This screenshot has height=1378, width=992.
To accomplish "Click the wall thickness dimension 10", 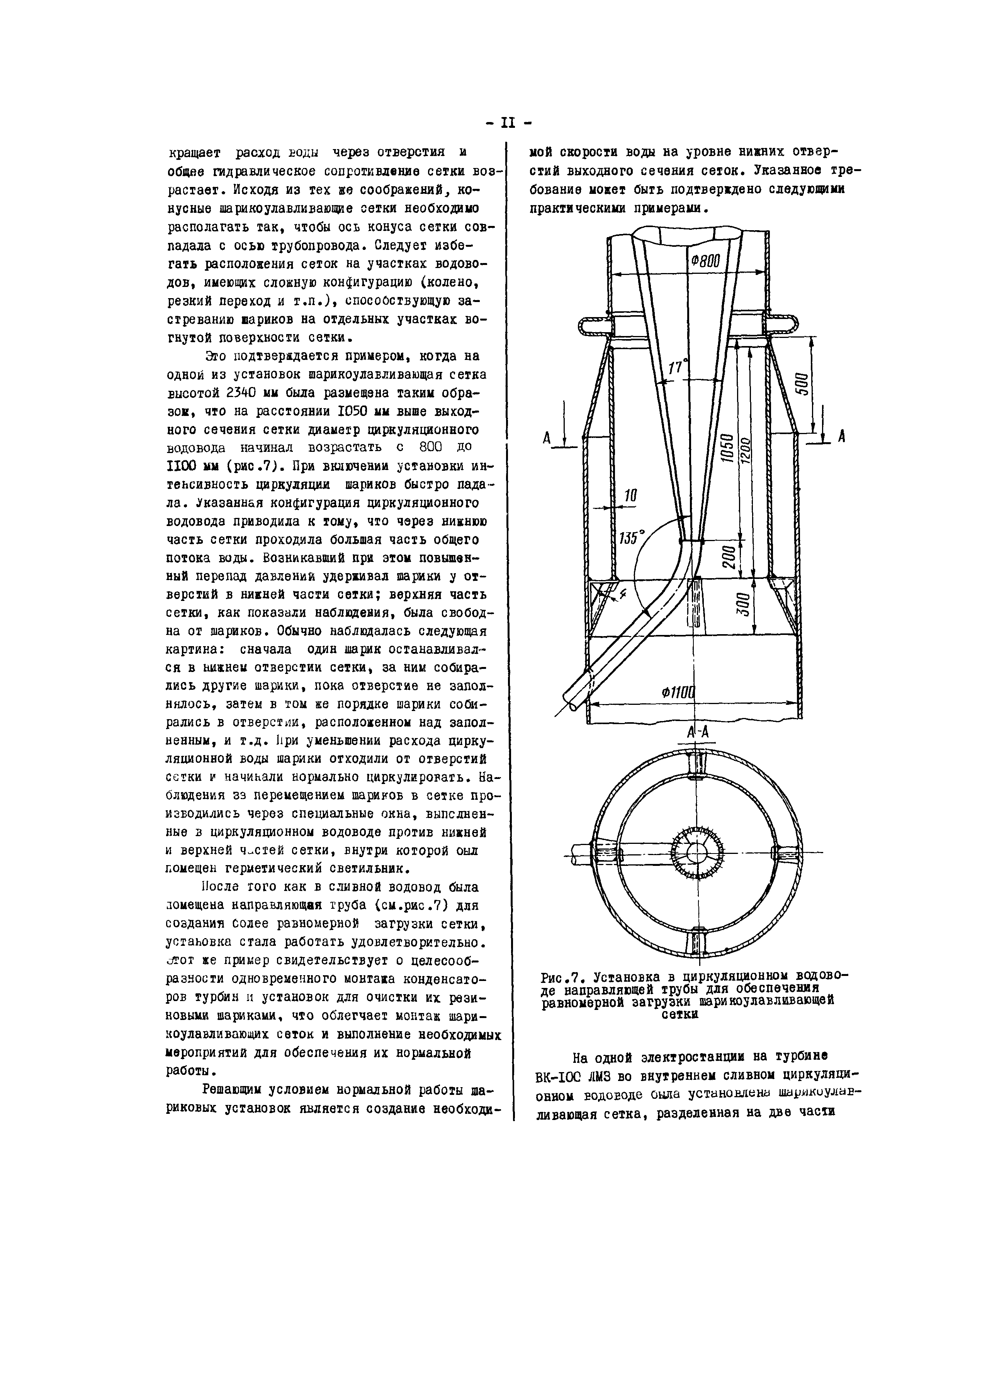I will point(630,496).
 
